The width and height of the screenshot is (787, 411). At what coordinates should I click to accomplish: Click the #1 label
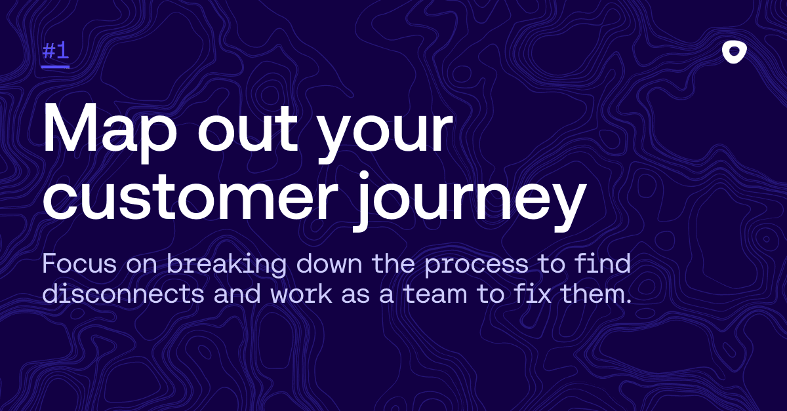click(56, 51)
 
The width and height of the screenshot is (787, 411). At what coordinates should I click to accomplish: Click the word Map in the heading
click(110, 130)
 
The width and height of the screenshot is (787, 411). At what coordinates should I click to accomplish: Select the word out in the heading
click(248, 130)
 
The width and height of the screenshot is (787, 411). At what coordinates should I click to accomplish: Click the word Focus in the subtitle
click(79, 264)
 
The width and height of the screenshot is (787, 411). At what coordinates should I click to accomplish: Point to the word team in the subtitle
click(435, 294)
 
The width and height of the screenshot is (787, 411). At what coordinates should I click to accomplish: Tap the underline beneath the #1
click(56, 66)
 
